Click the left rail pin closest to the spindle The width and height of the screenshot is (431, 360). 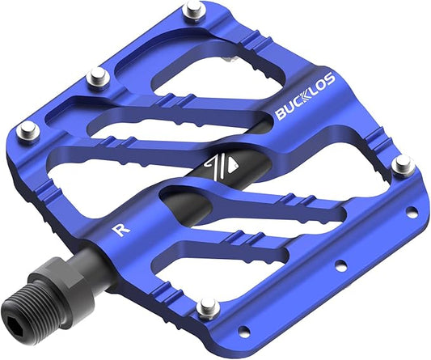point(27,128)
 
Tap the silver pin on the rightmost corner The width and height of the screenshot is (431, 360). point(402,165)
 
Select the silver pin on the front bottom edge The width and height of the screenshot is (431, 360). point(208,306)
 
